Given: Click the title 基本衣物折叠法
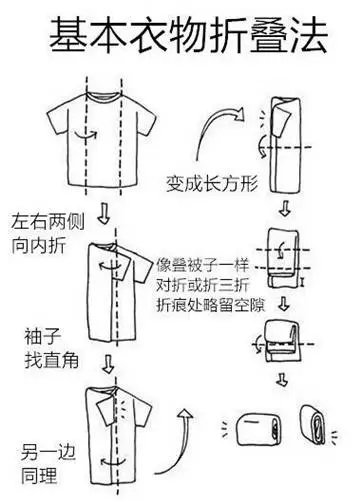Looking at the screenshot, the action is pos(188,36).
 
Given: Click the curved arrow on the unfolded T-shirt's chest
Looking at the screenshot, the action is pos(86,135).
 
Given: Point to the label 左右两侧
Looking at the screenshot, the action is pos(48,222).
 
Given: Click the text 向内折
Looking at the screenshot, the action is pos(39,246).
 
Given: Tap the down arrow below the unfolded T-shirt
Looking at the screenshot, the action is pos(104,214).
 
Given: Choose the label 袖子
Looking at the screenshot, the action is pos(42,336).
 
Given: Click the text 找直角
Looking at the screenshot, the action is pos(51,360).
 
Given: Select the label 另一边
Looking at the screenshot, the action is pos(48,452).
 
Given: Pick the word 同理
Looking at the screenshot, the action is pos(39,476).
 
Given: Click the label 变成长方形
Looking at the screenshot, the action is pos(212,183).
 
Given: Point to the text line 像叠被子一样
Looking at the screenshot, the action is pos(203,265).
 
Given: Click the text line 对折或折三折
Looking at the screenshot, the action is pos(203,285).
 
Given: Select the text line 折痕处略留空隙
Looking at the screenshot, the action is pos(211,305).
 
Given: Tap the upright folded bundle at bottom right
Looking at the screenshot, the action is pos(312,425).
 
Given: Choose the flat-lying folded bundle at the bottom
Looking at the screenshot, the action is pos(258,429).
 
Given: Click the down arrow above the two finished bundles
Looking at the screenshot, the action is pos(282,379).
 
